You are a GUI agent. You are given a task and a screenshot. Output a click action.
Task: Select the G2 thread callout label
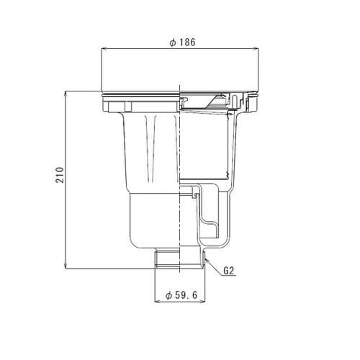point(230,271)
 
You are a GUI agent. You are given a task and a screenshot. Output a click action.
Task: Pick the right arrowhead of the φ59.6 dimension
point(204,302)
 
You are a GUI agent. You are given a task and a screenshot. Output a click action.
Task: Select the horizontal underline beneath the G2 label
point(230,278)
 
